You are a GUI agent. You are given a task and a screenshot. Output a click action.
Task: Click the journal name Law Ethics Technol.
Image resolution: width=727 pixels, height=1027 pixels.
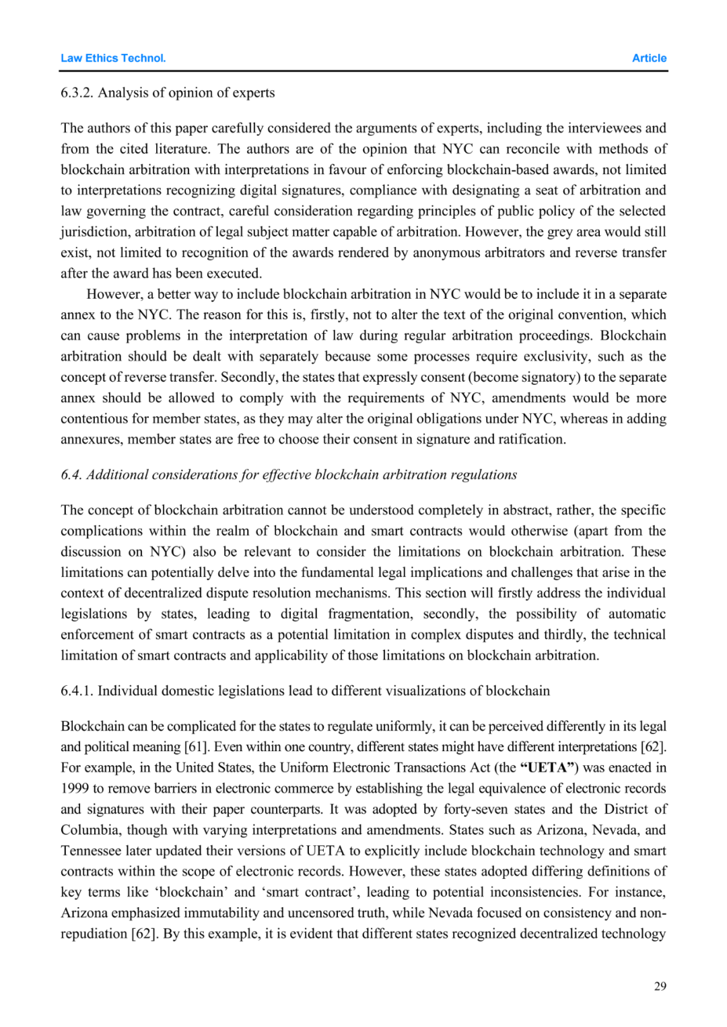click(113, 58)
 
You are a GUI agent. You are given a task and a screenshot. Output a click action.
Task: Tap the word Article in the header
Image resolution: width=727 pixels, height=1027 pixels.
click(649, 58)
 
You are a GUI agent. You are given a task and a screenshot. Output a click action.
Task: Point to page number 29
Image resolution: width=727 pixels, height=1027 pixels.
click(660, 986)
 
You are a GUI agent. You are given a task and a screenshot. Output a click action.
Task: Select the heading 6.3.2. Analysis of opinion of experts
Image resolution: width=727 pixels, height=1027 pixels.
click(168, 92)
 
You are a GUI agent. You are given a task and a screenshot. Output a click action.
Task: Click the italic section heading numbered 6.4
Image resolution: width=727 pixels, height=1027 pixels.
click(289, 474)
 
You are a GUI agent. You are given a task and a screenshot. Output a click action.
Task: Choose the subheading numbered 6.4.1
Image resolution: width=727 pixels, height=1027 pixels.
click(305, 690)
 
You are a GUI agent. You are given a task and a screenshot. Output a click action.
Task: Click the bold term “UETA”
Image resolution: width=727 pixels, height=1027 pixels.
click(549, 767)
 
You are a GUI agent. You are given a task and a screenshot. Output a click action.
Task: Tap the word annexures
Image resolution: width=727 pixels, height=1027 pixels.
click(91, 439)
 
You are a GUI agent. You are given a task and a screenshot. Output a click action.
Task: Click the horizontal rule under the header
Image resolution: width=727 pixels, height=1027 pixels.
click(363, 71)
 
